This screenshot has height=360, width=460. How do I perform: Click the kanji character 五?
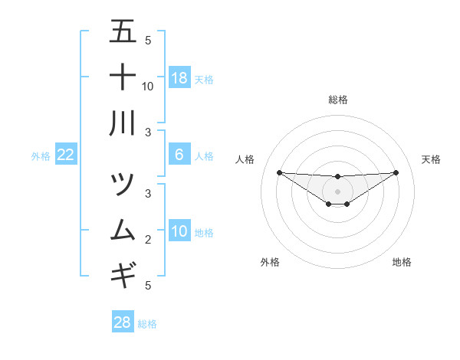click(x=123, y=32)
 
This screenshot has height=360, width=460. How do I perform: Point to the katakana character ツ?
click(x=123, y=185)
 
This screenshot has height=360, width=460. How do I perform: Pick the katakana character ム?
click(x=123, y=231)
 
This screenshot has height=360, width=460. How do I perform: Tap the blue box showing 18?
click(x=179, y=77)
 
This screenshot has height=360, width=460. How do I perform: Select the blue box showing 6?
click(x=179, y=155)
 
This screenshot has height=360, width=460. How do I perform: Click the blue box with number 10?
click(x=179, y=231)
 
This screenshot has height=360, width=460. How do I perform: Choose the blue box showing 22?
click(x=66, y=155)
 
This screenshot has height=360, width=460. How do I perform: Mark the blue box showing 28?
click(x=123, y=322)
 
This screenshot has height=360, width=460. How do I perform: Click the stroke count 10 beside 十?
click(x=148, y=86)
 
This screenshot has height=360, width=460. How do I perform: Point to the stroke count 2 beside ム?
click(x=148, y=240)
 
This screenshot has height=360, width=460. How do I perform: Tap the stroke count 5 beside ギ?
click(x=148, y=285)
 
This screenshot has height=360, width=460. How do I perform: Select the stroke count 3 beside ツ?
click(x=148, y=193)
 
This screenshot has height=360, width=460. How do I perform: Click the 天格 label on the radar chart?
click(x=431, y=159)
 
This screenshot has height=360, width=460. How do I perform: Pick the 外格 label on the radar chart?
click(x=270, y=262)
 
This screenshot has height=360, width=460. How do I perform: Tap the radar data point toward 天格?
click(x=396, y=172)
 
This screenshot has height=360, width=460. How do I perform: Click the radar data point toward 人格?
click(x=279, y=172)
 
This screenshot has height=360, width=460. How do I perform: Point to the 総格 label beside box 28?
click(x=147, y=324)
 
